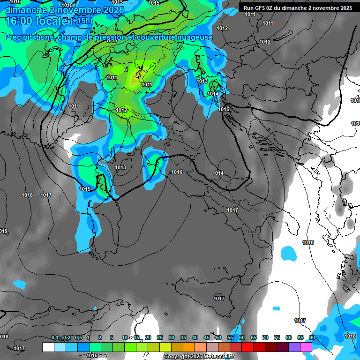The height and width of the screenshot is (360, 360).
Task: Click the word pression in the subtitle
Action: click(x=116, y=37)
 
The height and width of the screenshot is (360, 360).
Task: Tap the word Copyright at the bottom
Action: click(x=177, y=357)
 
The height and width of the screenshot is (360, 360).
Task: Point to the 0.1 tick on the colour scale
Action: click(x=55, y=338)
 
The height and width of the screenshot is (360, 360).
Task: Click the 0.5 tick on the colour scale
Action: click(x=78, y=338)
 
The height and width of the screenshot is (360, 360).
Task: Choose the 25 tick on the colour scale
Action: click(x=160, y=338)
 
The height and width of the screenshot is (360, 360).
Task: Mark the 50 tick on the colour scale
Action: click(x=218, y=338)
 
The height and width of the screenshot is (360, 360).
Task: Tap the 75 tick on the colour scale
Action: click(x=277, y=338)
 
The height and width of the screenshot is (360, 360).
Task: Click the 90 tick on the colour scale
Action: click(x=312, y=338)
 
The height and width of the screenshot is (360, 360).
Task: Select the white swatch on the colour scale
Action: click(x=48, y=347)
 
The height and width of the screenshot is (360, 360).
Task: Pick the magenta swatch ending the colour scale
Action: click(x=306, y=347)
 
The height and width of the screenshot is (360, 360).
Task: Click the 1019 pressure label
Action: click(x=3, y=232)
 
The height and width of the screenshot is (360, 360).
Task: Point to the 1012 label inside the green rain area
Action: click(x=121, y=111)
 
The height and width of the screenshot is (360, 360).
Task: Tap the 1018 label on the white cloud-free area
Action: click(x=308, y=242)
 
